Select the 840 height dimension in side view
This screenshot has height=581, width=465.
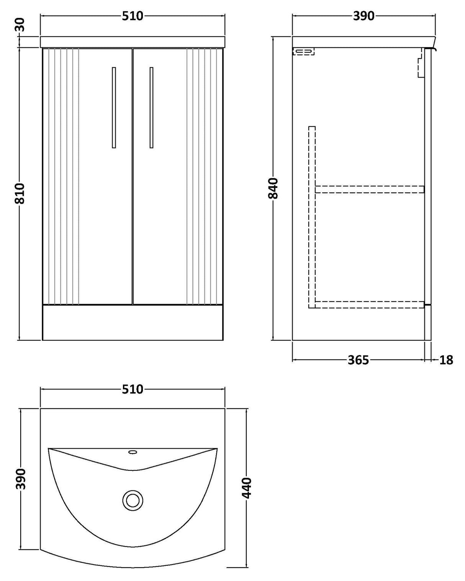click(x=273, y=188)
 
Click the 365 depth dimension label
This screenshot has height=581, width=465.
click(x=358, y=360)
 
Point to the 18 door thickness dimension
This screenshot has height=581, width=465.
click(x=446, y=360)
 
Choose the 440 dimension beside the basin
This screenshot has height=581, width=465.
click(x=247, y=488)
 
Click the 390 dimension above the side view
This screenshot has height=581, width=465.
click(x=363, y=16)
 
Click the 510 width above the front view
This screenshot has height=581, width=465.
click(x=133, y=16)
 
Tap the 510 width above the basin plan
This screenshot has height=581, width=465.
click(x=133, y=389)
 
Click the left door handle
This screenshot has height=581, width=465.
click(x=114, y=107)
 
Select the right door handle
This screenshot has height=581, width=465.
click(x=152, y=107)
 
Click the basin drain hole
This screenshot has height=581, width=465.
click(x=133, y=500)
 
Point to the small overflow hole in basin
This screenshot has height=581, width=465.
click(x=133, y=452)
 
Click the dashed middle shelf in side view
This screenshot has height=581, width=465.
click(x=370, y=189)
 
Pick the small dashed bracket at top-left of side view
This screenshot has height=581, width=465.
click(x=303, y=51)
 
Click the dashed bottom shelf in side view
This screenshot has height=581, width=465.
click(x=370, y=304)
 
